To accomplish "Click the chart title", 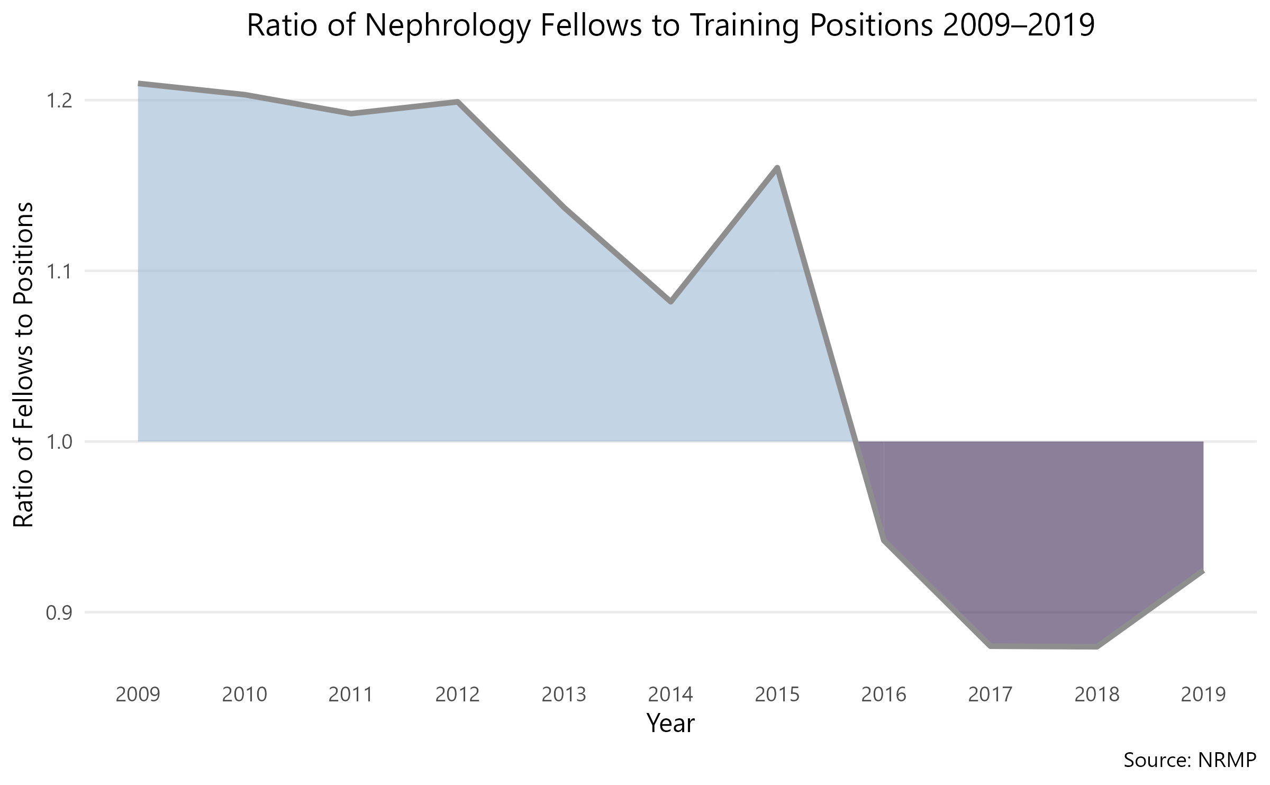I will (670, 26).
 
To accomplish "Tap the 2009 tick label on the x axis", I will (138, 694).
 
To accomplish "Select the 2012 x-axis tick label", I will (458, 694).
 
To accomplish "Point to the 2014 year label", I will (670, 694).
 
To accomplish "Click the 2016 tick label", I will (884, 694).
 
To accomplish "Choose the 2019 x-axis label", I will (1203, 694).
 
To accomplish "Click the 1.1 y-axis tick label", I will (59, 272).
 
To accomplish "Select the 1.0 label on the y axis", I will (59, 441).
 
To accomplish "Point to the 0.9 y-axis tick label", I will (59, 613).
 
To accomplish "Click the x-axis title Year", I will (670, 724).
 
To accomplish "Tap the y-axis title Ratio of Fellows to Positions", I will (24, 365).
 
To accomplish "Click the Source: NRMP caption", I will (1190, 761).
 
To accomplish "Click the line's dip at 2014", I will (670, 302).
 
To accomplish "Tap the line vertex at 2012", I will (458, 102).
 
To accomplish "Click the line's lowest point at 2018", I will (1096, 647).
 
